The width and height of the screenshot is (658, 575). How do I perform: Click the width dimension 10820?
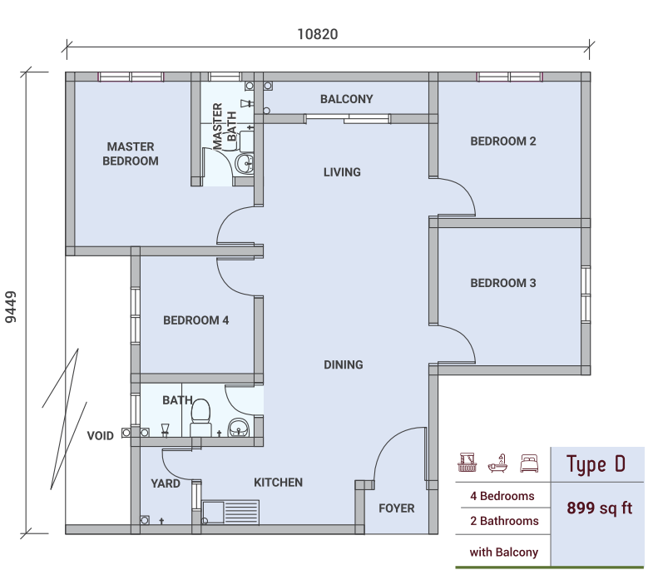[318, 34]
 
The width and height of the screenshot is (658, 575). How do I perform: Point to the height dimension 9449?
[11, 307]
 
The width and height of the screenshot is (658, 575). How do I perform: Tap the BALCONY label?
[347, 99]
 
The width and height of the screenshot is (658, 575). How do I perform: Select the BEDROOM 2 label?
[503, 141]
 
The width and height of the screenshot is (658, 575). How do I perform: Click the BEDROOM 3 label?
[503, 283]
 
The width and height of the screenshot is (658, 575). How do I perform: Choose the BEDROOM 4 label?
[196, 320]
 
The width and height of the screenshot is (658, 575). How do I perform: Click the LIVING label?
[342, 172]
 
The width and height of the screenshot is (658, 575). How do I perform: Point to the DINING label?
[344, 364]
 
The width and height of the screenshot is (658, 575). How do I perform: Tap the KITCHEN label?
[278, 483]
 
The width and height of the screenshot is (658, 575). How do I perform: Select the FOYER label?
[397, 508]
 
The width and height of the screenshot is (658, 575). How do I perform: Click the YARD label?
[166, 483]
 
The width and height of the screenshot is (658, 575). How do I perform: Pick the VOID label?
[101, 436]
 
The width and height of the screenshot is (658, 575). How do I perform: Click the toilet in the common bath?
[200, 418]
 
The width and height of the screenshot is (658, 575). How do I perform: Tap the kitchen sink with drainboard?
[230, 512]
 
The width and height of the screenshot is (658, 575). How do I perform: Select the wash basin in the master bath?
[245, 164]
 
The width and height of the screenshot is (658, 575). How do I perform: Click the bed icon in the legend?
[529, 463]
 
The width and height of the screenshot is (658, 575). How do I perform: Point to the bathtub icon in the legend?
[497, 463]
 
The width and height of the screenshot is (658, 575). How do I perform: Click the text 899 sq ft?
[599, 508]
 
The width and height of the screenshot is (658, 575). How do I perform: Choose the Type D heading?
[596, 464]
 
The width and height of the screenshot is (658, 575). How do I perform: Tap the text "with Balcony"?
[503, 553]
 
